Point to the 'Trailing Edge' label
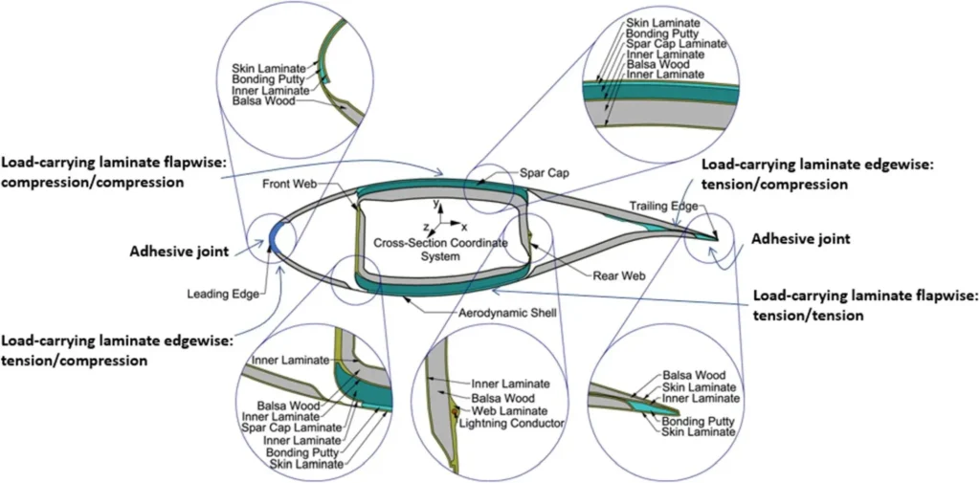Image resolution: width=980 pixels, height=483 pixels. click(658, 205)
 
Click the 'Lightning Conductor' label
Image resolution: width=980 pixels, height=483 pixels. click(511, 422)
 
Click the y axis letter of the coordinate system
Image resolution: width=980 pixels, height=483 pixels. click(436, 205)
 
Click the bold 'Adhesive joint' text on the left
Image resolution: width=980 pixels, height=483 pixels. click(179, 252)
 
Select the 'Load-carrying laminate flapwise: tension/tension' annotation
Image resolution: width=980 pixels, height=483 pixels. click(865, 305)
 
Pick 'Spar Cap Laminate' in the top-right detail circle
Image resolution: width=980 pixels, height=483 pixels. click(676, 44)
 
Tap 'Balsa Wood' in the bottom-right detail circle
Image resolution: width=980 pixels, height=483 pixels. click(694, 376)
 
